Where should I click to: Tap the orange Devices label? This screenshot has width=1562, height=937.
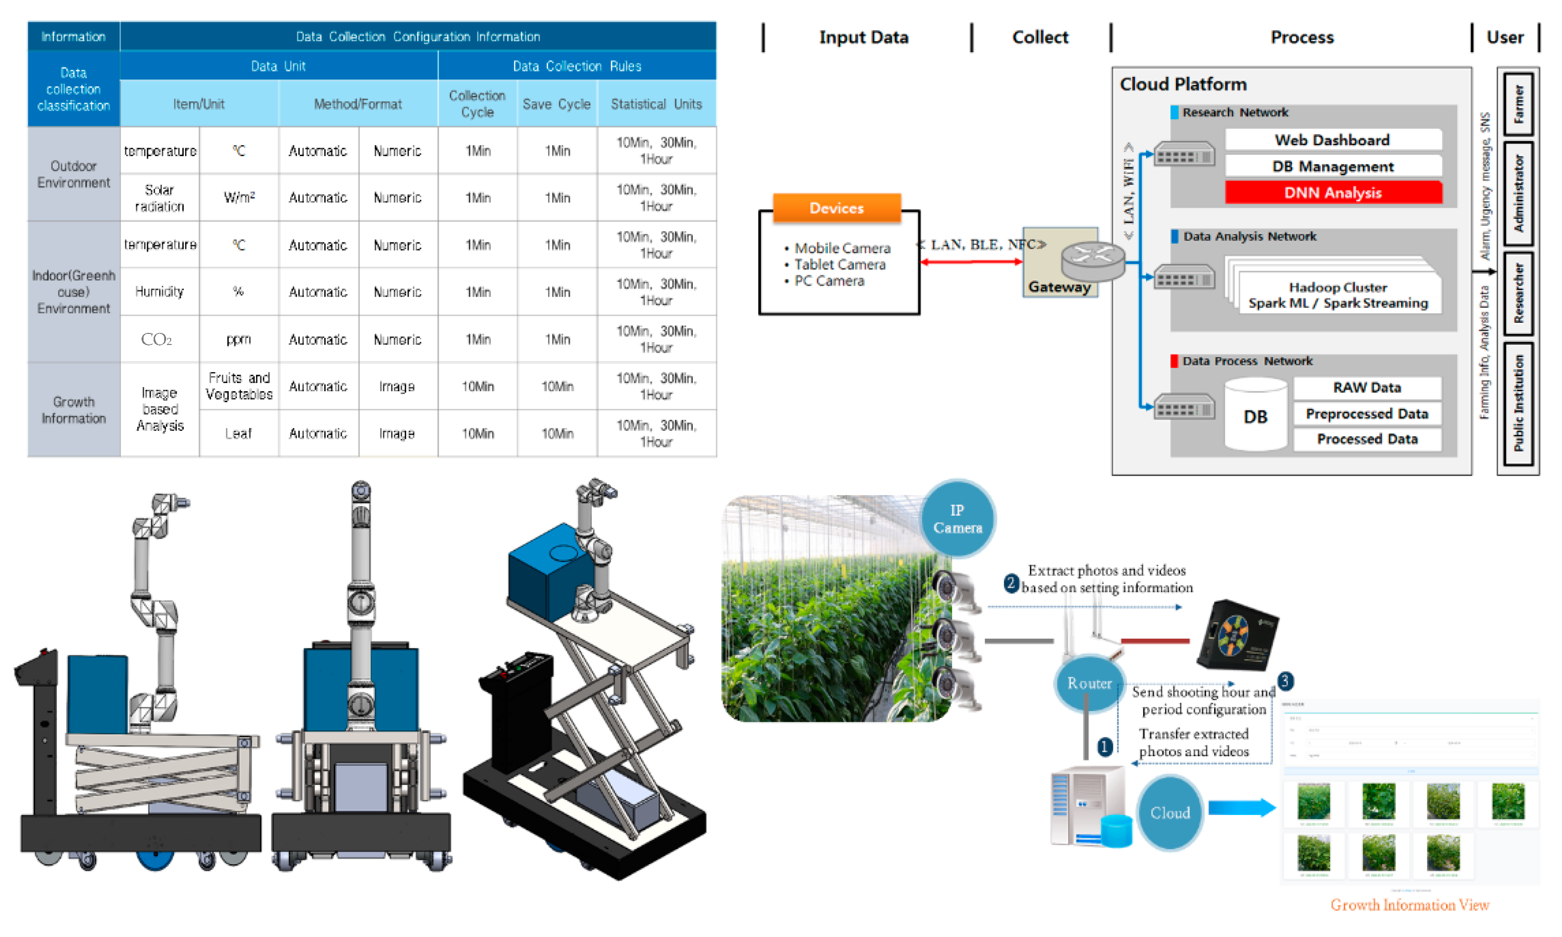tap(836, 208)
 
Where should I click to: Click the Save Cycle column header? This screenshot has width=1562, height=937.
tap(557, 103)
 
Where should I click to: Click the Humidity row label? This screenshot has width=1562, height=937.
tap(159, 291)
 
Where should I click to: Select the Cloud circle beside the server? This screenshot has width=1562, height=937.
tap(1169, 812)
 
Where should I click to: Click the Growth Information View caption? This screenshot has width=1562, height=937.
tap(1409, 904)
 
